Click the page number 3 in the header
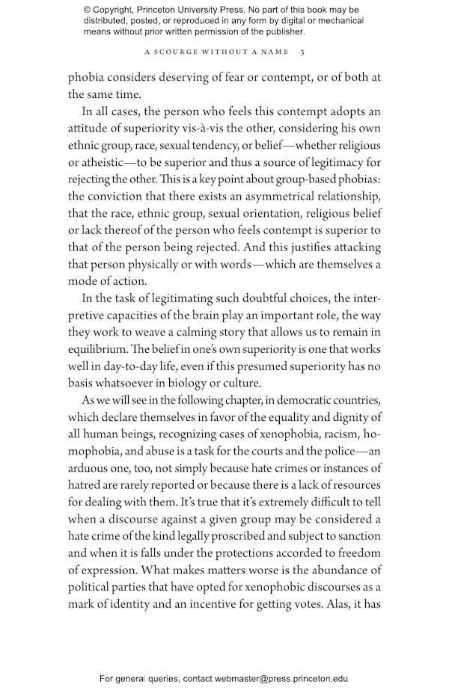[302, 52]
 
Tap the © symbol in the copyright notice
[88, 10]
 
